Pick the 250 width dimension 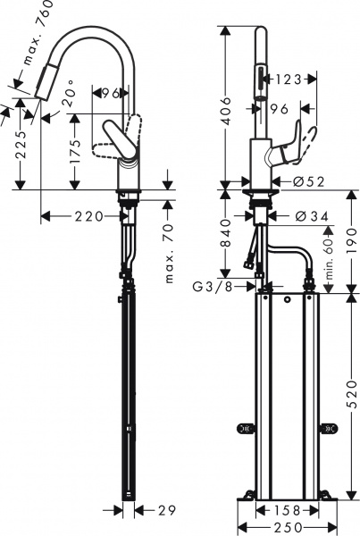pos(282,526)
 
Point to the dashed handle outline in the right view pos(306,142)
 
